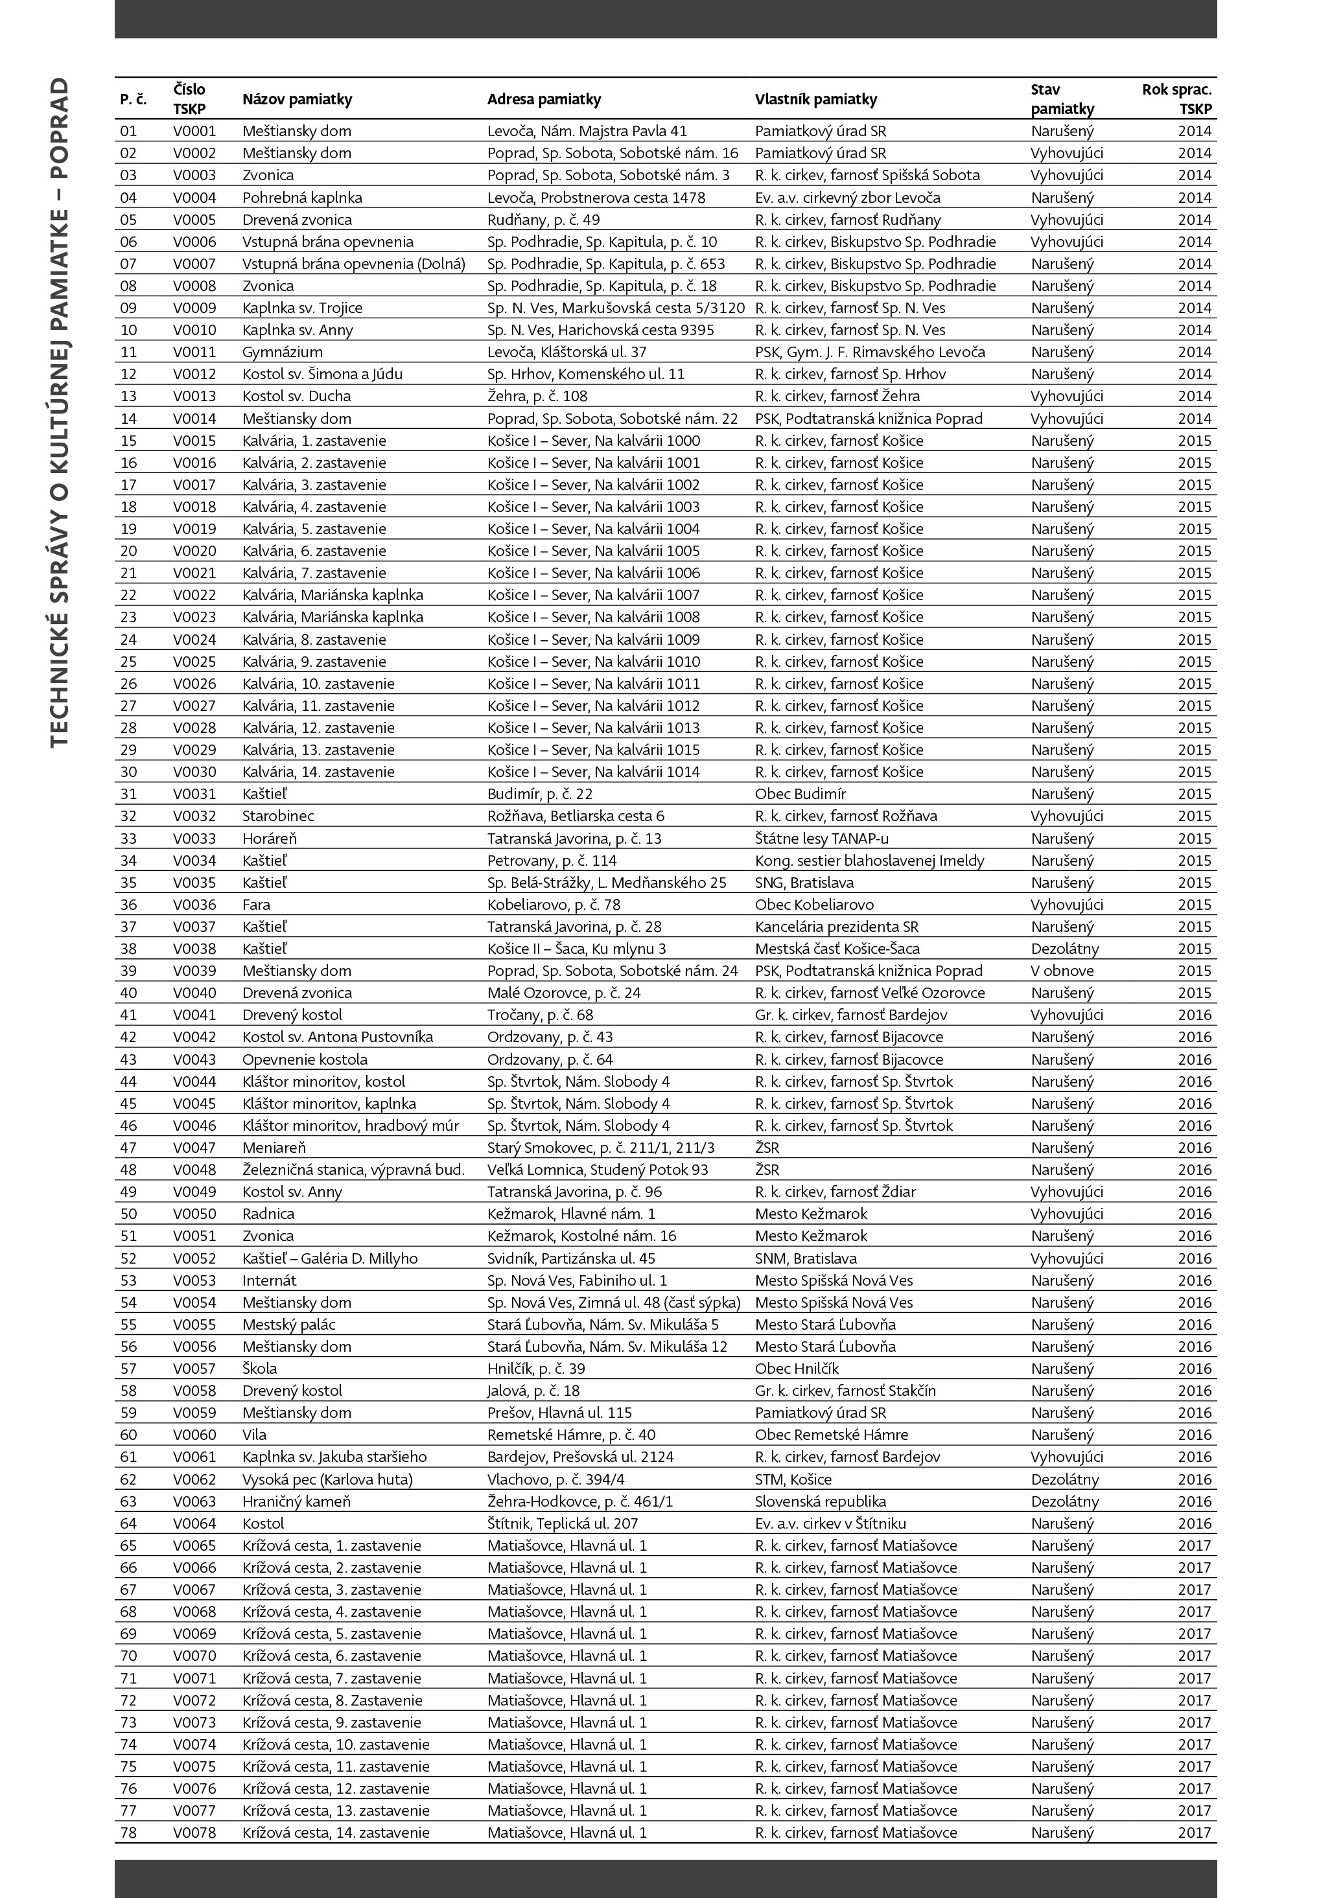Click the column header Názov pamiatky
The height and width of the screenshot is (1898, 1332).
pyautogui.click(x=297, y=99)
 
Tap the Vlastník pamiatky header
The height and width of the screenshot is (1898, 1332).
pyautogui.click(x=815, y=99)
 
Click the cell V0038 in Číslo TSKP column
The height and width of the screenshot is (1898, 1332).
pyautogui.click(x=194, y=949)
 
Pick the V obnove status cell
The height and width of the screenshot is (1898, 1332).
pyautogui.click(x=1062, y=971)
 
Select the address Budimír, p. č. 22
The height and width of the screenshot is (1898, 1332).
pyautogui.click(x=539, y=794)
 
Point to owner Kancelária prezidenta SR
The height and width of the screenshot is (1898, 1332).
pyautogui.click(x=836, y=927)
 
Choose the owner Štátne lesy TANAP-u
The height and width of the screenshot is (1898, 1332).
pyautogui.click(x=821, y=839)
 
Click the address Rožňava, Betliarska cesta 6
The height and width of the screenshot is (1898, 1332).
pyautogui.click(x=576, y=816)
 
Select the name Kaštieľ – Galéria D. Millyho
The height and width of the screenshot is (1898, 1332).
pyautogui.click(x=330, y=1258)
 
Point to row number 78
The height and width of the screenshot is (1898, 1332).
pyautogui.click(x=128, y=1833)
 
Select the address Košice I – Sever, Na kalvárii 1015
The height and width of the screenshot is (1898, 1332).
pyautogui.click(x=593, y=750)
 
